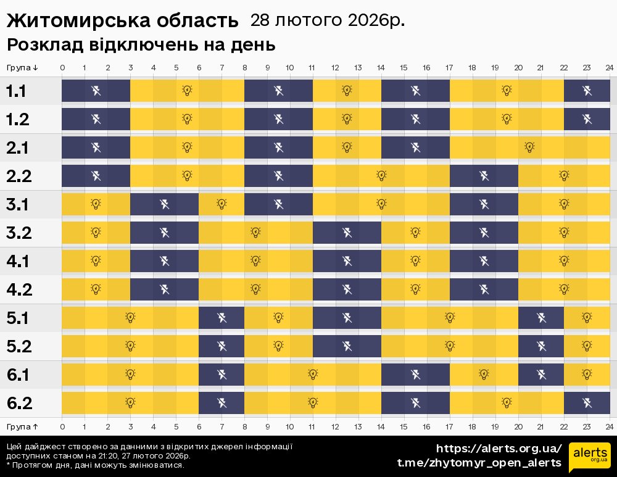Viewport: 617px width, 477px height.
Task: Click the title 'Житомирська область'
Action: click(x=122, y=20)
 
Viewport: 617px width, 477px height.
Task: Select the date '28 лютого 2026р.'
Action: click(x=328, y=20)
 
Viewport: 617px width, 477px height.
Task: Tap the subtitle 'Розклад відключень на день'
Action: click(x=141, y=45)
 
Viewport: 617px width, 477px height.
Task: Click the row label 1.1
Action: click(x=16, y=91)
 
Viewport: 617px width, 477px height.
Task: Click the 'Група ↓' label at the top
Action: click(x=22, y=67)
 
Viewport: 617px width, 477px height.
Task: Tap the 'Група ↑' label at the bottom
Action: click(x=22, y=426)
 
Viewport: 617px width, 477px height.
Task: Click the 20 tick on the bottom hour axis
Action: click(x=518, y=426)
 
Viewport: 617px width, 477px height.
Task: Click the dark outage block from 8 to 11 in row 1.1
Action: click(x=279, y=91)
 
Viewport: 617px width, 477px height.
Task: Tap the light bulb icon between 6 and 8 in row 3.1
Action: click(x=222, y=204)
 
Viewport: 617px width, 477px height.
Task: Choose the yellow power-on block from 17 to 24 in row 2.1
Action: click(x=529, y=147)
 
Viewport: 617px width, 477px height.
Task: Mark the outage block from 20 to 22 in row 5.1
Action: click(x=541, y=318)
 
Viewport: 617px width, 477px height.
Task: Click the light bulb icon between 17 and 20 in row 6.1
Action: click(x=484, y=374)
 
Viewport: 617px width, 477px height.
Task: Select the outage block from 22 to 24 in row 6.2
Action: click(x=587, y=403)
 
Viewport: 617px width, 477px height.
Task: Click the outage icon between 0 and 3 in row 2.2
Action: click(x=96, y=176)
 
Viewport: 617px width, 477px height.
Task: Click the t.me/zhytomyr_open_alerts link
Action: click(x=479, y=463)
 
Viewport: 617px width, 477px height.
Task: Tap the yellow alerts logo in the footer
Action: click(x=590, y=455)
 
